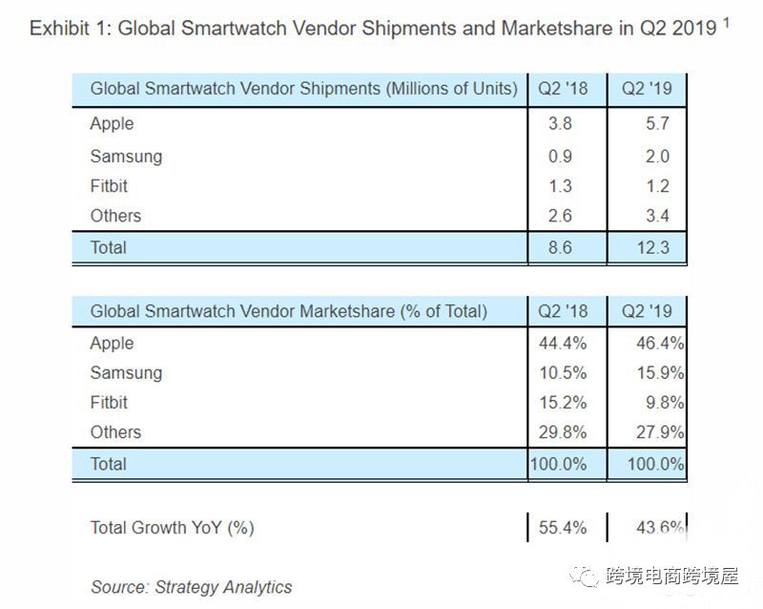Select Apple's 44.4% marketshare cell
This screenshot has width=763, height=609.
tap(564, 344)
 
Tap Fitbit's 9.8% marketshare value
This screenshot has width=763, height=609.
tap(664, 403)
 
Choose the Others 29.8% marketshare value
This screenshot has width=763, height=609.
tap(564, 432)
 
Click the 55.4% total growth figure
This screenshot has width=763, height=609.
tap(564, 527)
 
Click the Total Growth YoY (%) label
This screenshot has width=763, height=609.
tap(172, 527)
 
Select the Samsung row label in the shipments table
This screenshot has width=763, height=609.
tap(126, 157)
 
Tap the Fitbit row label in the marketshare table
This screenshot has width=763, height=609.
tap(109, 403)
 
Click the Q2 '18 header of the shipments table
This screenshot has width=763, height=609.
tap(564, 90)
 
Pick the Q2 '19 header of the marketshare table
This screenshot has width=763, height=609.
tap(648, 310)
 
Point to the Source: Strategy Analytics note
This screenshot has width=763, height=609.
tap(191, 586)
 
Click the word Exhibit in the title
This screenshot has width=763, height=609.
tap(60, 28)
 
